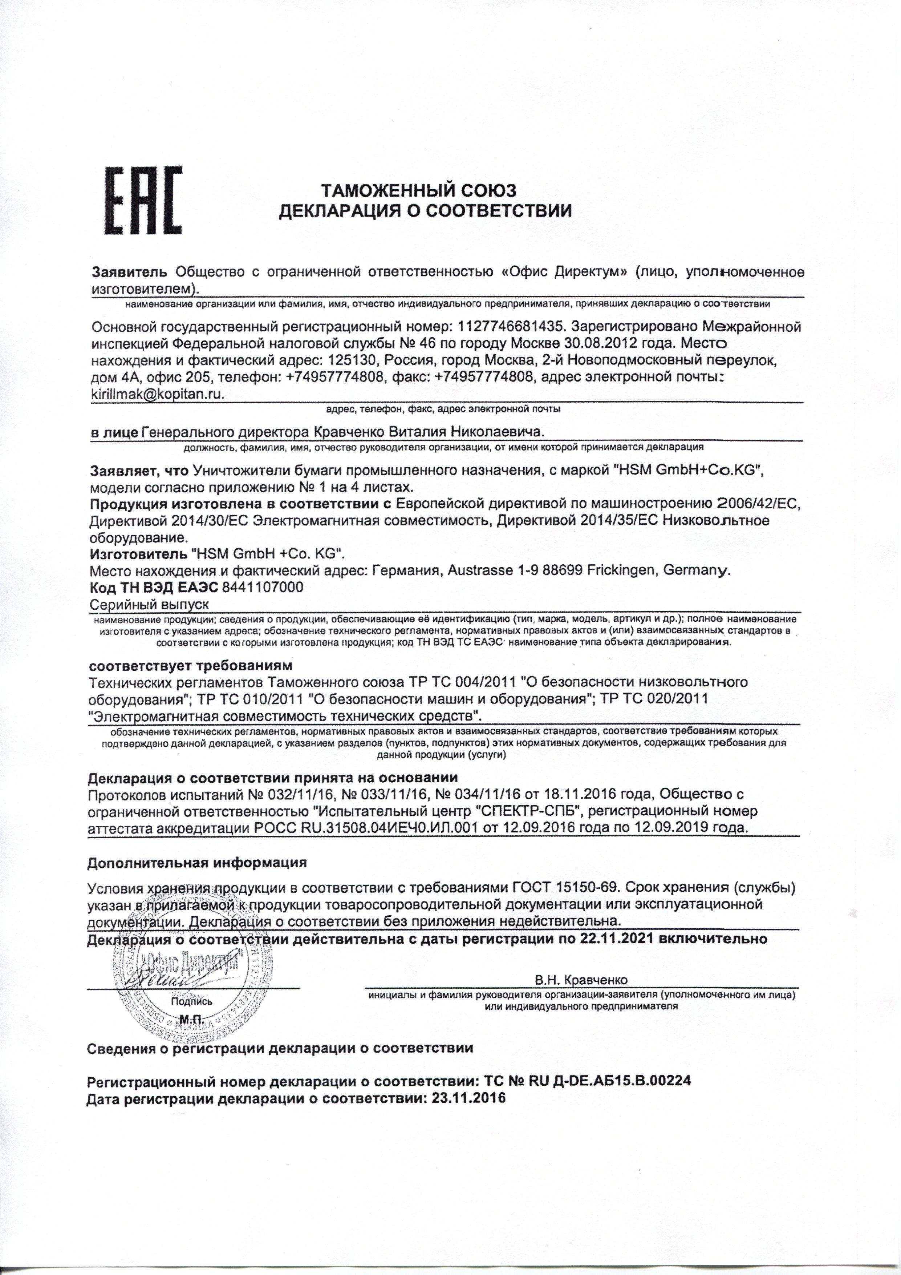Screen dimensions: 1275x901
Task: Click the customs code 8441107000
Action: [262, 587]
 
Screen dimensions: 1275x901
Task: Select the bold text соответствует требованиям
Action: [190, 665]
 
